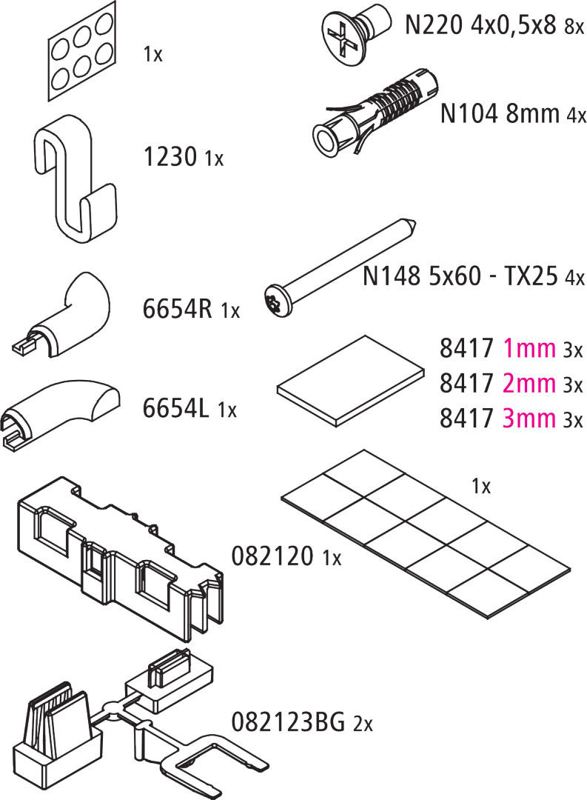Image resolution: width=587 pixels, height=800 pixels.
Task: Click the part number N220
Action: (434, 24)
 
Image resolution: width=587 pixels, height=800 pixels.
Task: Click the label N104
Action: (469, 113)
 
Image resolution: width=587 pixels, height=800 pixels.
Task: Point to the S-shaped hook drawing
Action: (75, 178)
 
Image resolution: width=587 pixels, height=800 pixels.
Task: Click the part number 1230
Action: (170, 156)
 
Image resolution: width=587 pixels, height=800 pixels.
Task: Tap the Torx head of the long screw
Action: (278, 301)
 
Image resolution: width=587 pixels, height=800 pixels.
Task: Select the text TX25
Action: (531, 276)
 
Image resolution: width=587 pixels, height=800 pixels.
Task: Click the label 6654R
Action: (177, 309)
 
